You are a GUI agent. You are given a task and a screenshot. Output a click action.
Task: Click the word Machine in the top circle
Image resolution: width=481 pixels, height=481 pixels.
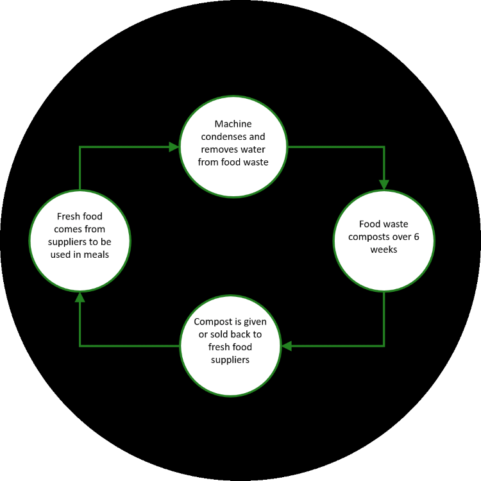[x=233, y=124]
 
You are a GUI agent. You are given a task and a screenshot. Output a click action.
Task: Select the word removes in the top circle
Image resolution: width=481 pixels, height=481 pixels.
[x=215, y=149]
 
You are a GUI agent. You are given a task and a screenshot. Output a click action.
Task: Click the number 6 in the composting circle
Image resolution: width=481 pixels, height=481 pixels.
[x=416, y=237]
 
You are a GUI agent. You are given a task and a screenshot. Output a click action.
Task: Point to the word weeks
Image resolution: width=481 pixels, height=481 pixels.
[x=384, y=249]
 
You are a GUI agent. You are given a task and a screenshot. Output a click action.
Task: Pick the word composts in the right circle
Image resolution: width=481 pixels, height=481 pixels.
[x=364, y=237]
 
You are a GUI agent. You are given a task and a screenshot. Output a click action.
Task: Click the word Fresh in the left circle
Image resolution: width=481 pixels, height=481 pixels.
[x=66, y=216]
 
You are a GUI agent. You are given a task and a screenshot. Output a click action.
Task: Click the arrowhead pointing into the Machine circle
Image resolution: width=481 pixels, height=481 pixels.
[x=174, y=147]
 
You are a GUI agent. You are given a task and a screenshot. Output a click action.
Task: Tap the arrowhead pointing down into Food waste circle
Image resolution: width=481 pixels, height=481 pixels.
[x=384, y=185]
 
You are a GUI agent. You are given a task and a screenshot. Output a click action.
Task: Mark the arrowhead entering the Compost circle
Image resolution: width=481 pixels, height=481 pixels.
[x=287, y=346]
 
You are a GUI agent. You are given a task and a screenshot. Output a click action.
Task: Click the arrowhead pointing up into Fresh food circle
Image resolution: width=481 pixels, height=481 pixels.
[x=80, y=297]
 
